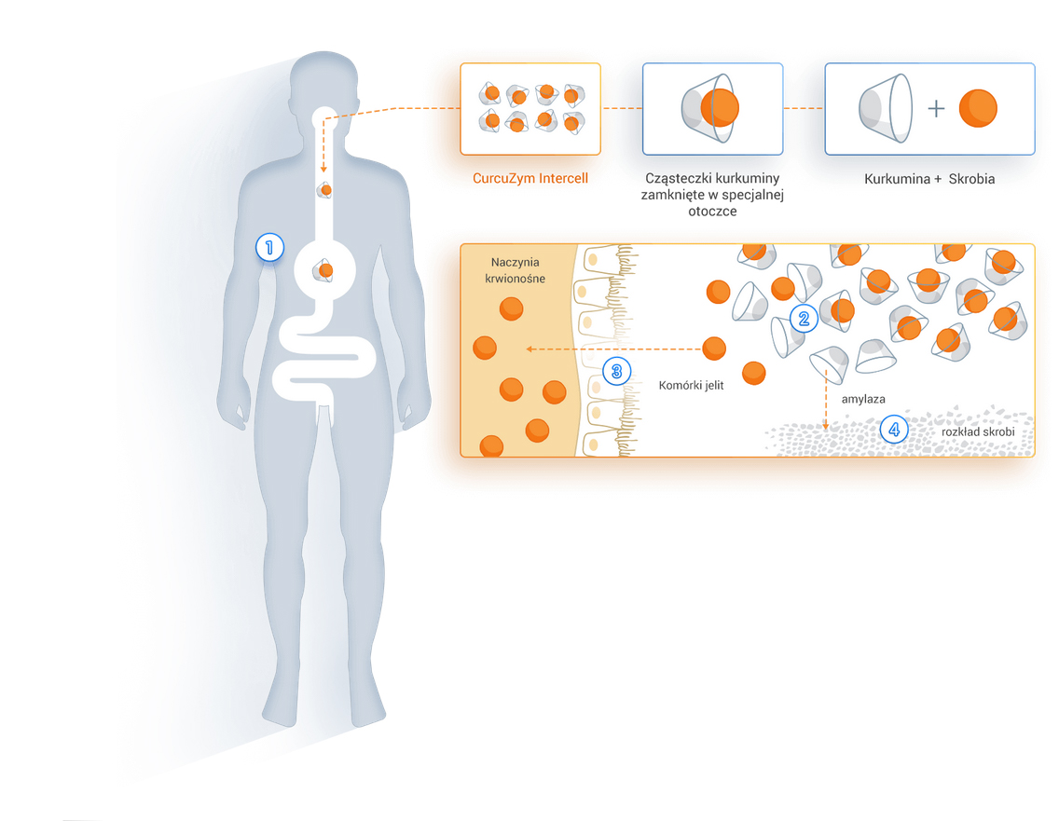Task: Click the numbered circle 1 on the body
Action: (269, 247)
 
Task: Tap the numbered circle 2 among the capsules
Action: (803, 319)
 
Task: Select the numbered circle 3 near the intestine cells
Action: (616, 371)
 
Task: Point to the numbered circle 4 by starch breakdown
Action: (894, 430)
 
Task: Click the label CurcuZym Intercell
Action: (529, 178)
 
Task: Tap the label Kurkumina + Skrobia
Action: (929, 178)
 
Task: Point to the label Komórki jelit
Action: (691, 385)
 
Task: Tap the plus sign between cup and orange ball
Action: (936, 109)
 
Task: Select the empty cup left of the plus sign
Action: (886, 108)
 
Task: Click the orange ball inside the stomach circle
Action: (325, 270)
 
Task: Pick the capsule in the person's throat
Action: (325, 190)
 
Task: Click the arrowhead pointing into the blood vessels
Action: (529, 349)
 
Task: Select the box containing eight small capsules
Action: (530, 108)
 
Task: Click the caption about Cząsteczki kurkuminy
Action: (712, 194)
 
